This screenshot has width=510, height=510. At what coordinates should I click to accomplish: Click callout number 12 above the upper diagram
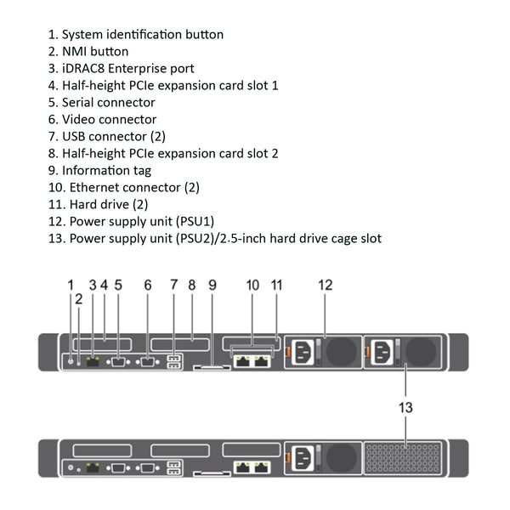(326, 286)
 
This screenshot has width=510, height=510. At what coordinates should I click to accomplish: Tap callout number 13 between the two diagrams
(406, 408)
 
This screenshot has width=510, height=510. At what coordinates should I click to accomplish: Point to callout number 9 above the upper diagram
(212, 286)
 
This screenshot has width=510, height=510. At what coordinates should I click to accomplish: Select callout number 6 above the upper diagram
(148, 286)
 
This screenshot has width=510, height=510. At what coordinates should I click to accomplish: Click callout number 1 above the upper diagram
(71, 286)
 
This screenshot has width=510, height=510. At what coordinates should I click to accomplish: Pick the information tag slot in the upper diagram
(209, 367)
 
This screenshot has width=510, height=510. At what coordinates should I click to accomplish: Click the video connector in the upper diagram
(147, 361)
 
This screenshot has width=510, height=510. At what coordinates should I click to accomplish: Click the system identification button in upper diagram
(70, 361)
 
